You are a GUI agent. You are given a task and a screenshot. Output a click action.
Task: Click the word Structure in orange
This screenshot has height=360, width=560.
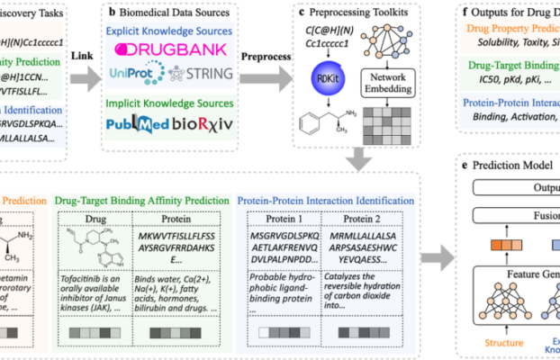point(502,343)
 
